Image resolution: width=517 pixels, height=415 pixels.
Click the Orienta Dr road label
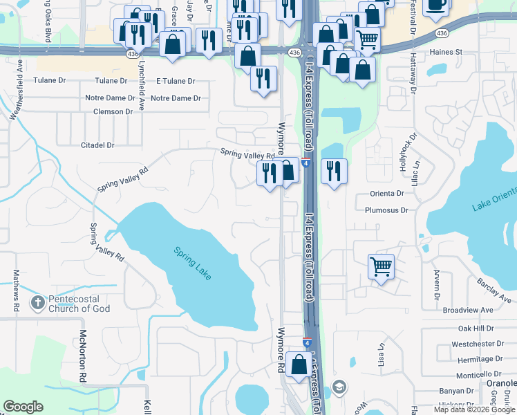[386, 193]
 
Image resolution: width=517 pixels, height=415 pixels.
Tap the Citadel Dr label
[97, 145]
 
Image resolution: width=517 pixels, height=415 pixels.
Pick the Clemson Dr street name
[109, 111]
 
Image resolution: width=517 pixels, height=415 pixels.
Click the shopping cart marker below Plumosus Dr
[382, 266]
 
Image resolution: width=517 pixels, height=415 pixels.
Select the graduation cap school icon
[339, 386]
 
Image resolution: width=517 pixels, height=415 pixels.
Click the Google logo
[23, 407]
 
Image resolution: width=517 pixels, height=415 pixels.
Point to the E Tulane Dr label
[176, 81]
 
